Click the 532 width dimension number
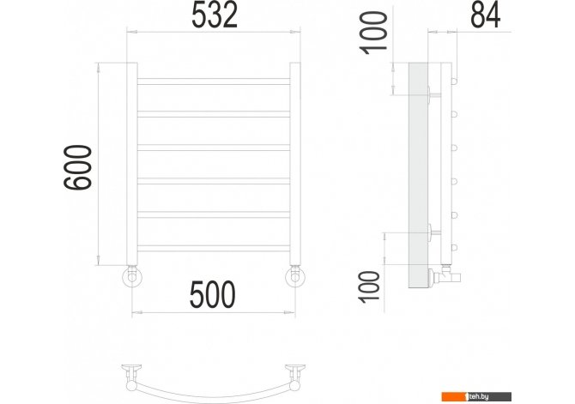coord(215,15)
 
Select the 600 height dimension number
coord(78,167)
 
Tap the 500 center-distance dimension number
coord(213,294)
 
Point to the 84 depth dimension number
coord(486,15)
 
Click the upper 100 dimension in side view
coord(374,33)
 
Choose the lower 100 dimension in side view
coord(370,287)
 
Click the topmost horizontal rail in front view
coord(214,81)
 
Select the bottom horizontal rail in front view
coord(214,249)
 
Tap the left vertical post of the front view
coord(132,164)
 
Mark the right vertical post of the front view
coord(295,164)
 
